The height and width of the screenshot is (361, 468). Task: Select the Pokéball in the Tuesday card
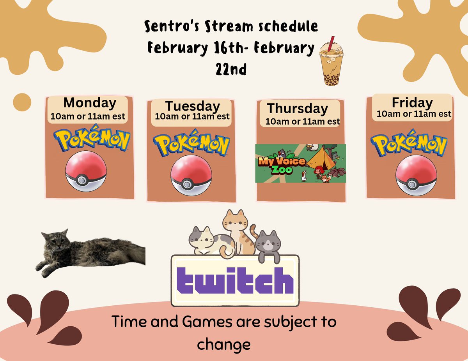191,174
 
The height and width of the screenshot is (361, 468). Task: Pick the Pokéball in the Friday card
416,174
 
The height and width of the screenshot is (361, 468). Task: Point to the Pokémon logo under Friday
409,145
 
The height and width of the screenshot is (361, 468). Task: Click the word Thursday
297,108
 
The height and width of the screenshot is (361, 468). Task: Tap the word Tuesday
192,106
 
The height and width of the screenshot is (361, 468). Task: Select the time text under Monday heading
88,116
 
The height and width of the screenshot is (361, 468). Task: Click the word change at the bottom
223,344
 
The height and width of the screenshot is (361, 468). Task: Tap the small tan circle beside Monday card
22,102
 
